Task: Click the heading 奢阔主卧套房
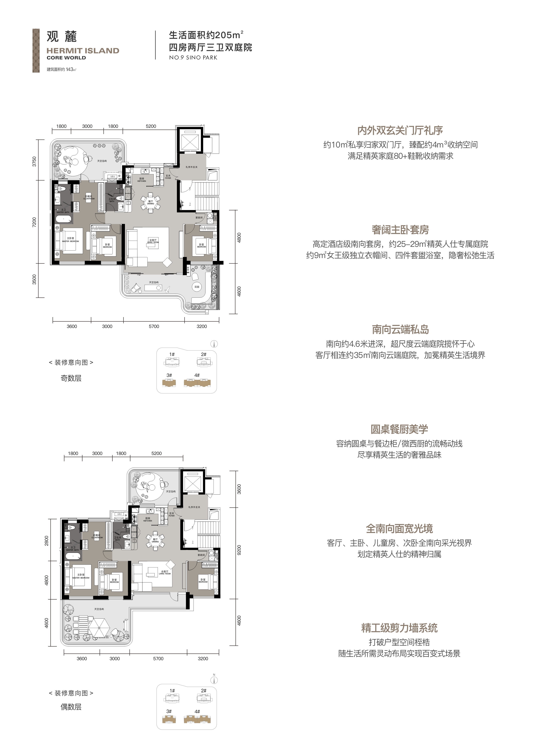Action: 400,230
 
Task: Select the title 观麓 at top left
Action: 62,37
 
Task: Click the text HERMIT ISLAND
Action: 83,51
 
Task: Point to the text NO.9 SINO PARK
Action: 193,58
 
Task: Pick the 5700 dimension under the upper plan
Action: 154,326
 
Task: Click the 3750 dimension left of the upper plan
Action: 34,162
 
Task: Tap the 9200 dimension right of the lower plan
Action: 239,550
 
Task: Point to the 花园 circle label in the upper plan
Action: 197,287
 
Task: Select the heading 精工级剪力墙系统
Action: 399,628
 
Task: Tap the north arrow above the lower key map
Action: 214,679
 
